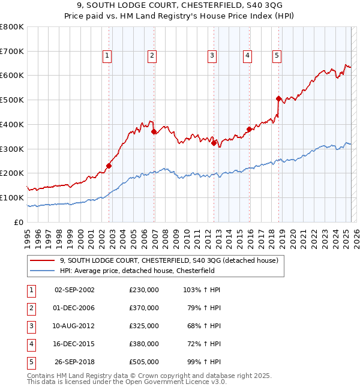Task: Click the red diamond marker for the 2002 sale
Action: pyautogui.click(x=109, y=166)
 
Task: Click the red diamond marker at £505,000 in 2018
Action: pyautogui.click(x=278, y=98)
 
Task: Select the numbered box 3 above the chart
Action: pyautogui.click(x=212, y=56)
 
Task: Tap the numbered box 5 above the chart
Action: pyautogui.click(x=277, y=56)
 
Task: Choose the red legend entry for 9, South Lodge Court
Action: pyautogui.click(x=169, y=261)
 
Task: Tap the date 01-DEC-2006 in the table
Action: pyautogui.click(x=74, y=308)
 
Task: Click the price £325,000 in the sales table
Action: pyautogui.click(x=144, y=326)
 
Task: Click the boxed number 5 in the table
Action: pyautogui.click(x=31, y=362)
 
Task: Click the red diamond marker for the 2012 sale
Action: pyautogui.click(x=214, y=142)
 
